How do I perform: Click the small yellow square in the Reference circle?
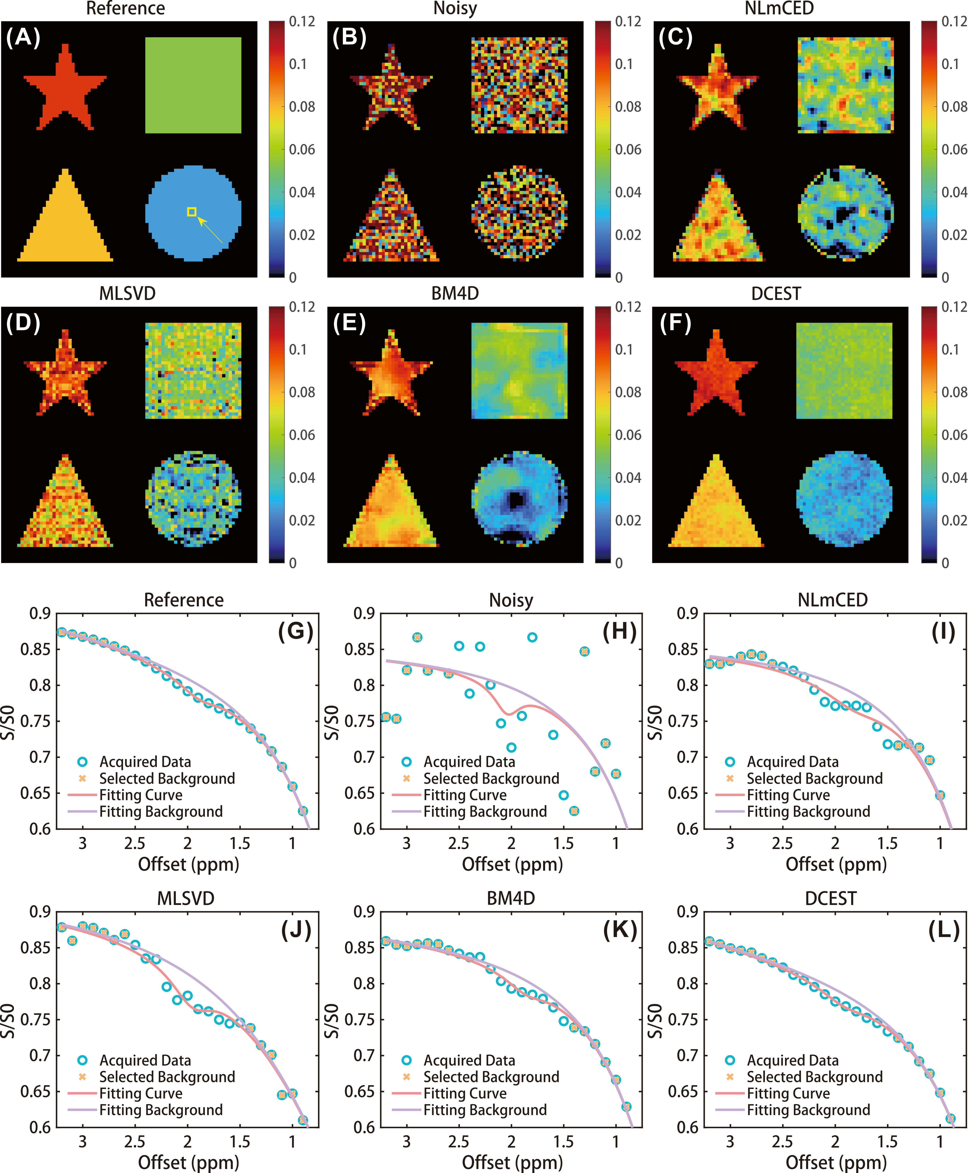(x=192, y=212)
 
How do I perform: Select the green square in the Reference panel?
(x=193, y=85)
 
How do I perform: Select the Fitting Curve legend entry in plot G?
(x=141, y=795)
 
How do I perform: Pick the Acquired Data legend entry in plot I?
(x=792, y=762)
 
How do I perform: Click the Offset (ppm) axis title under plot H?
(x=512, y=864)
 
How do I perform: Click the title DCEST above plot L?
(x=830, y=899)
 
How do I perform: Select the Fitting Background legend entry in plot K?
(x=485, y=1110)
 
